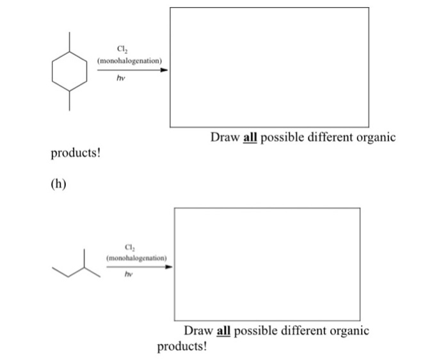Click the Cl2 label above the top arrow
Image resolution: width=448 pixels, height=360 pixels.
click(x=122, y=49)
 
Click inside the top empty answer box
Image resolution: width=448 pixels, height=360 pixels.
click(x=269, y=67)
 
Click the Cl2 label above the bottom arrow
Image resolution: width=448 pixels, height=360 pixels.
click(x=130, y=248)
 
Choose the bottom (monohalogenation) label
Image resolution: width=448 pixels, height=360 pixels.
click(x=136, y=258)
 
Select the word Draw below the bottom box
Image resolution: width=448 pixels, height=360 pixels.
click(x=198, y=331)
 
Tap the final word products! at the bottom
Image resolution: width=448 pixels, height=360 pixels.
click(x=182, y=347)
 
